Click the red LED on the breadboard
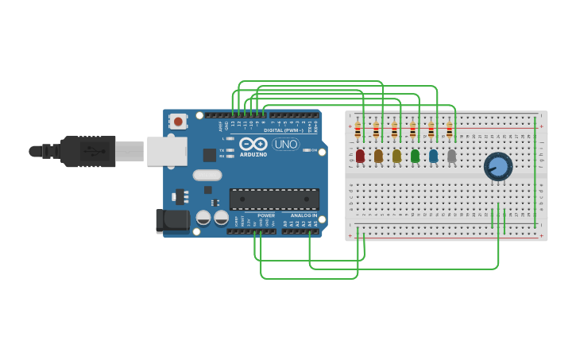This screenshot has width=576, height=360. pyautogui.click(x=360, y=156)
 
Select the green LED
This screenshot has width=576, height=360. pyautogui.click(x=415, y=156)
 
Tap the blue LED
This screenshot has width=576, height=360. pyautogui.click(x=433, y=156)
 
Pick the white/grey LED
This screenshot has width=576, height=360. pyautogui.click(x=451, y=156)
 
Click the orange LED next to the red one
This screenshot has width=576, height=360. pyautogui.click(x=378, y=156)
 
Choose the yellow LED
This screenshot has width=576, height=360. pyautogui.click(x=396, y=156)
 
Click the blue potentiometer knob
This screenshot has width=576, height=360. pyautogui.click(x=498, y=166)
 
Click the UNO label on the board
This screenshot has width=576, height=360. pyautogui.click(x=285, y=144)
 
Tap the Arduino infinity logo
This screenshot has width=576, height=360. pyautogui.click(x=253, y=144)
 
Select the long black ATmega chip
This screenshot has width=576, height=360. pyautogui.click(x=274, y=199)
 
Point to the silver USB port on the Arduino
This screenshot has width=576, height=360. pyautogui.click(x=167, y=151)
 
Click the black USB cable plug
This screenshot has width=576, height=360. pyautogui.click(x=87, y=151)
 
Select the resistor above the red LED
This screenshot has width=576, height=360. pyautogui.click(x=358, y=130)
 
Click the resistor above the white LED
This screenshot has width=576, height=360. pyautogui.click(x=449, y=130)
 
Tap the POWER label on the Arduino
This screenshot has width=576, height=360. pyautogui.click(x=266, y=215)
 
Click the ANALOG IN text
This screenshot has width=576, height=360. pyautogui.click(x=303, y=215)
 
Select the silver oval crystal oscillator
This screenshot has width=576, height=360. pyautogui.click(x=207, y=175)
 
